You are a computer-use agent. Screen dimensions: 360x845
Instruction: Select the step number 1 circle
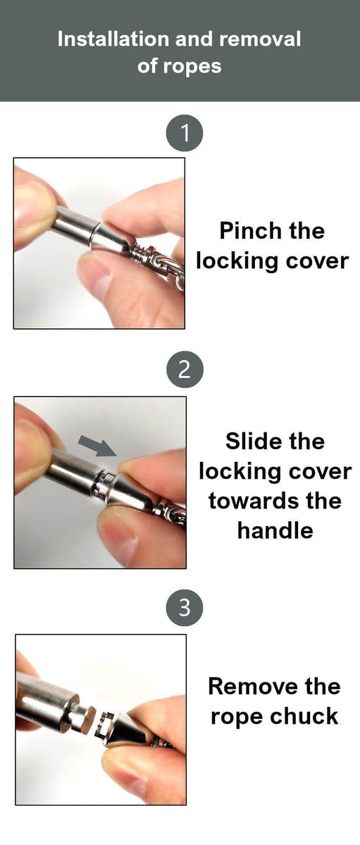point(185,133)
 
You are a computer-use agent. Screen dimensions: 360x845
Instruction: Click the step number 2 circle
point(185,369)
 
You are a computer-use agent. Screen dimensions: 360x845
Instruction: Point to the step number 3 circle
point(185,608)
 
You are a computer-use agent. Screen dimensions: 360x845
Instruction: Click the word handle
point(275,531)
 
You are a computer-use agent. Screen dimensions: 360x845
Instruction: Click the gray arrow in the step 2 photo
point(97,446)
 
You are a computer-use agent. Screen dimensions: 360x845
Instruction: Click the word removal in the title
point(260,39)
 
